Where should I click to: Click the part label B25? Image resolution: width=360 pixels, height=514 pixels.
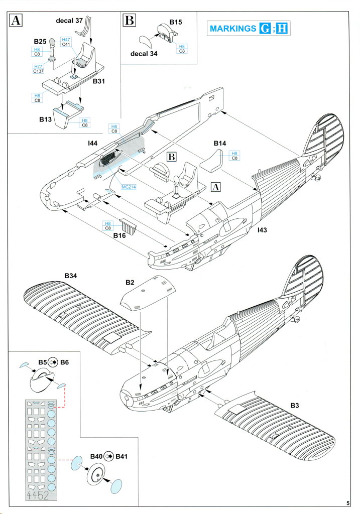coord(40,41)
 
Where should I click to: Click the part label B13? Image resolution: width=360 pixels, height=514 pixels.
coord(46,120)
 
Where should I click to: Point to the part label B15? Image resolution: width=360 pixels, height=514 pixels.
coord(176,23)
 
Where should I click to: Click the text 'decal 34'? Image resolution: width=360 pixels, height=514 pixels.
coord(144,54)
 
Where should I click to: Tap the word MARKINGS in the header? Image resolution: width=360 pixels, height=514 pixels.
coord(232,28)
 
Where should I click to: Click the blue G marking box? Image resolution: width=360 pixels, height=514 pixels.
coord(264,28)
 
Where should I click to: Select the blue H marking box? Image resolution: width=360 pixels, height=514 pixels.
coord(282,28)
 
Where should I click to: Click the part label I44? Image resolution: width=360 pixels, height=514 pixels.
coord(92,144)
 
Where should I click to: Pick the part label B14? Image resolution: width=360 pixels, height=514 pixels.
coord(219,144)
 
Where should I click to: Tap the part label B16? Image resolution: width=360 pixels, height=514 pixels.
coord(119,235)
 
